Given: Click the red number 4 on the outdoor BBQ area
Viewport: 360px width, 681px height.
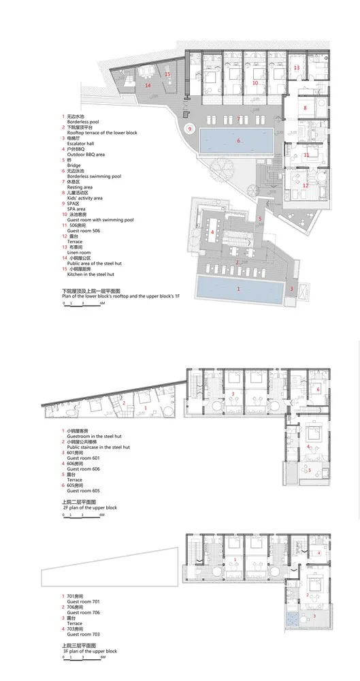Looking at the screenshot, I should pos(213,232).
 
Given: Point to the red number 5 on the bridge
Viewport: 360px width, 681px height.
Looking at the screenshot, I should pos(259,218).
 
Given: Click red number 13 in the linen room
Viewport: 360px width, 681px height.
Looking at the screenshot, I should pos(297,68).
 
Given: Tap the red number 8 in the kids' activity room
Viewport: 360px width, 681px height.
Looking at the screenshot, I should pos(306,108).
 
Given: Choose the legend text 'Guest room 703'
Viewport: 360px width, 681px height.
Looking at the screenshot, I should pos(84,634).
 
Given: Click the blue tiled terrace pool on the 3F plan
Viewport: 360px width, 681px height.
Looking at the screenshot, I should pos(297,620).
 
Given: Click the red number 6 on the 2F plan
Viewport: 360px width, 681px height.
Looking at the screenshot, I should pos(318,389).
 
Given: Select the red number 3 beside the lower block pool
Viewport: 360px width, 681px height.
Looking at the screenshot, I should pos(291,289).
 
